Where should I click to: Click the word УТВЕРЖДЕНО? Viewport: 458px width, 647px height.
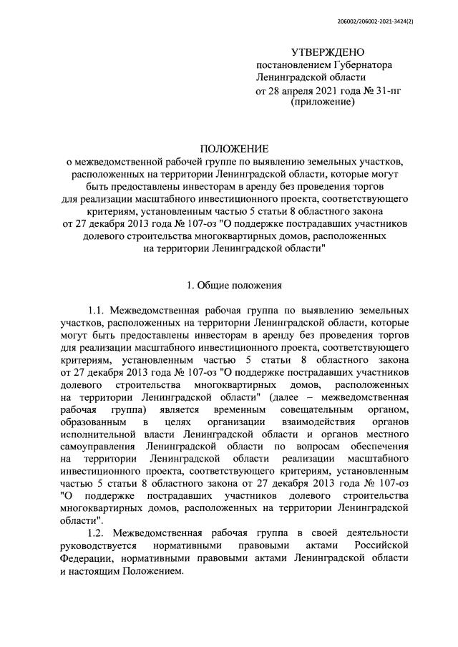coord(328,52)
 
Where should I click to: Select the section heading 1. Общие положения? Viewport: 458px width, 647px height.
coord(234,286)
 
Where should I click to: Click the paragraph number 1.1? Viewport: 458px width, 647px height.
coord(97,311)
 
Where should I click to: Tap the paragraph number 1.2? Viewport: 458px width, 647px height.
coord(97,533)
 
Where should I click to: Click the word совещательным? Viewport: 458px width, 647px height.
coord(341,410)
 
